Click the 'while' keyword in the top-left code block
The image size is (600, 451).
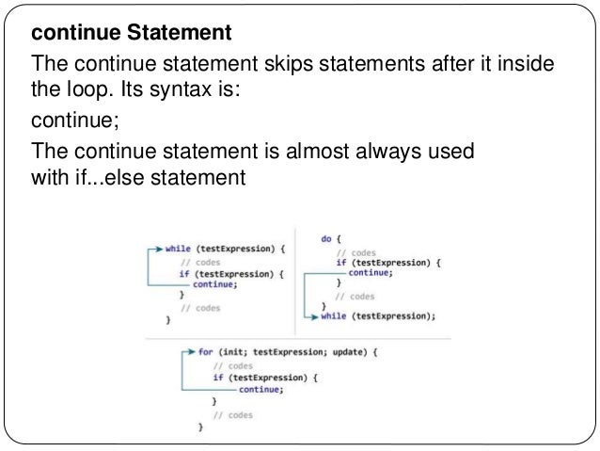coord(178,250)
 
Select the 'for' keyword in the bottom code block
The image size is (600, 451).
coord(204,352)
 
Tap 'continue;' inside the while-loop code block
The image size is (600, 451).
coord(215,283)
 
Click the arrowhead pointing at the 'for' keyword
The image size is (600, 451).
coord(191,352)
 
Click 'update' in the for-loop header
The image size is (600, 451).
coord(335,352)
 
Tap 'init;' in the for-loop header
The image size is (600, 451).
coord(232,352)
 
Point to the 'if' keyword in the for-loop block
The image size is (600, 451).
coord(217,377)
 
